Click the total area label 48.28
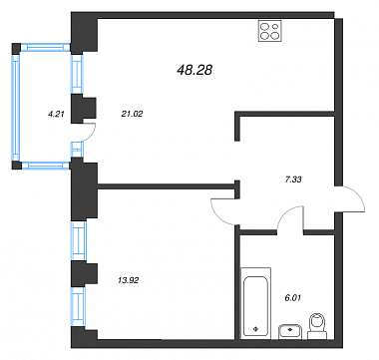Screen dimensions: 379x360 point(194,70)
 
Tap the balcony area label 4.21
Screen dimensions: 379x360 point(56,114)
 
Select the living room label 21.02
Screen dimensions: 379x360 point(132,114)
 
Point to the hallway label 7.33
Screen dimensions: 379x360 point(293,180)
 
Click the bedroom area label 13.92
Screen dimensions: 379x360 point(129,280)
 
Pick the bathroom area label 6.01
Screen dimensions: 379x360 point(293,298)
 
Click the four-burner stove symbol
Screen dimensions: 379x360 point(270,31)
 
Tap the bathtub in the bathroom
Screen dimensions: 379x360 point(255,303)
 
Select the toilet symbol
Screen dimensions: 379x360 point(317,326)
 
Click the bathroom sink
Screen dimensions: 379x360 point(290,332)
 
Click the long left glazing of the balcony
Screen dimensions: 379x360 point(16,108)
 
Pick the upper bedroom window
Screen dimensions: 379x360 point(79,240)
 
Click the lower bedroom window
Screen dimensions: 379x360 point(79,306)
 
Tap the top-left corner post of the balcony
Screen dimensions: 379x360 point(16,48)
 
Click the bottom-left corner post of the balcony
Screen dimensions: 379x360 point(16,166)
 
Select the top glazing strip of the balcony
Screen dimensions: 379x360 point(46,48)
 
